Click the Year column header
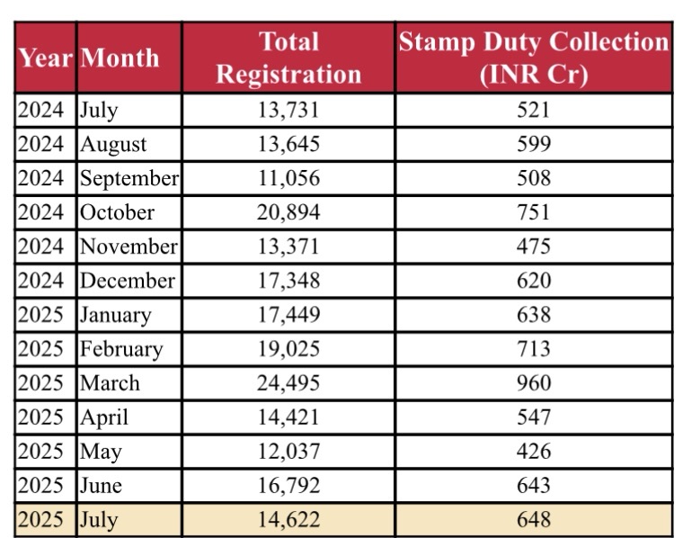pos(45,58)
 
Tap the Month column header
pos(119,58)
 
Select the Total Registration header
pos(288,58)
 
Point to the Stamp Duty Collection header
pos(534,58)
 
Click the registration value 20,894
pos(288,212)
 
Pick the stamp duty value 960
pos(534,383)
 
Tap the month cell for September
pos(129,178)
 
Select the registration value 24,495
pos(288,383)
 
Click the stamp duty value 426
pos(534,452)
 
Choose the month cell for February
pos(120,349)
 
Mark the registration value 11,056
pos(288,178)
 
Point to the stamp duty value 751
pos(534,212)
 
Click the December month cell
pos(127,281)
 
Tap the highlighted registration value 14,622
pos(288,520)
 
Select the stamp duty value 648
pos(534,520)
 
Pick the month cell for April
pos(104,417)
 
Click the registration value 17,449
pos(288,315)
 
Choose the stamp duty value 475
pos(534,247)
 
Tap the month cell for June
pos(101,486)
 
